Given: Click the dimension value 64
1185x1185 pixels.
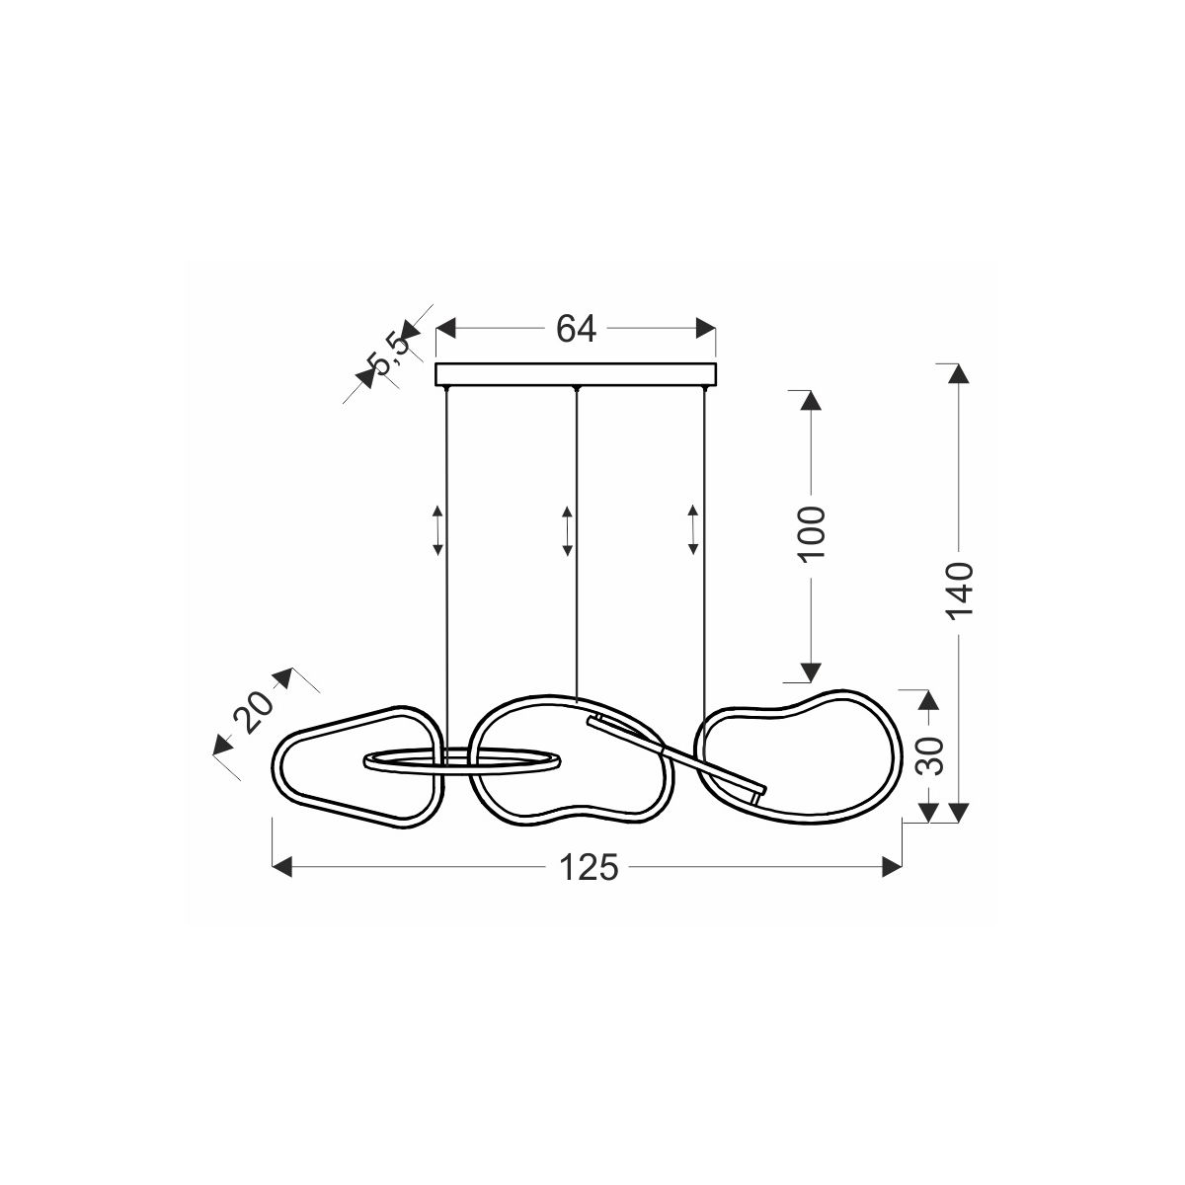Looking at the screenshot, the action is tap(576, 329).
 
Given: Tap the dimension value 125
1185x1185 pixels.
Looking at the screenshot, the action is tap(588, 868).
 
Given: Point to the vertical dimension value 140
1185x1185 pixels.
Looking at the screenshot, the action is tap(959, 591).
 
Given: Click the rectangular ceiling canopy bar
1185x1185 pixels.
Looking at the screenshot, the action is tap(576, 374).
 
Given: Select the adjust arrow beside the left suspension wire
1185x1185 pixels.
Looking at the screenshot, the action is tap(437, 531).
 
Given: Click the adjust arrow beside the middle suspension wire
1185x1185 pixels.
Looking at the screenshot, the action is tap(568, 531).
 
